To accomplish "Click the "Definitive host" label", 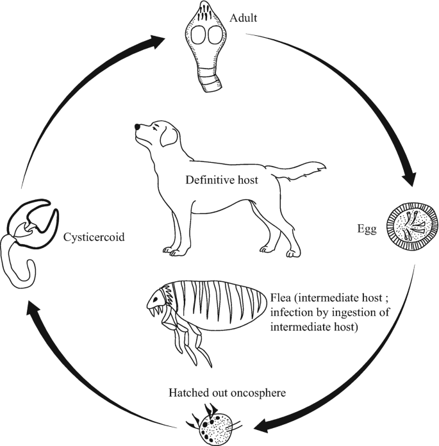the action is coord(222,180).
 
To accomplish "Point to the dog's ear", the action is coord(169,134).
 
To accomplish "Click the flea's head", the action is coord(158,301).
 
